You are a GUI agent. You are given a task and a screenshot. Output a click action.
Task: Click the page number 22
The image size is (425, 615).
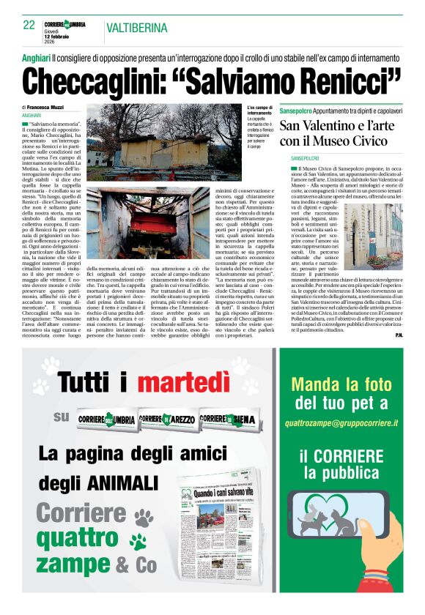point(29,24)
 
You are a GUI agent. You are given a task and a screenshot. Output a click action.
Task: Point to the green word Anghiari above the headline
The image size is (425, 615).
point(36,56)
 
